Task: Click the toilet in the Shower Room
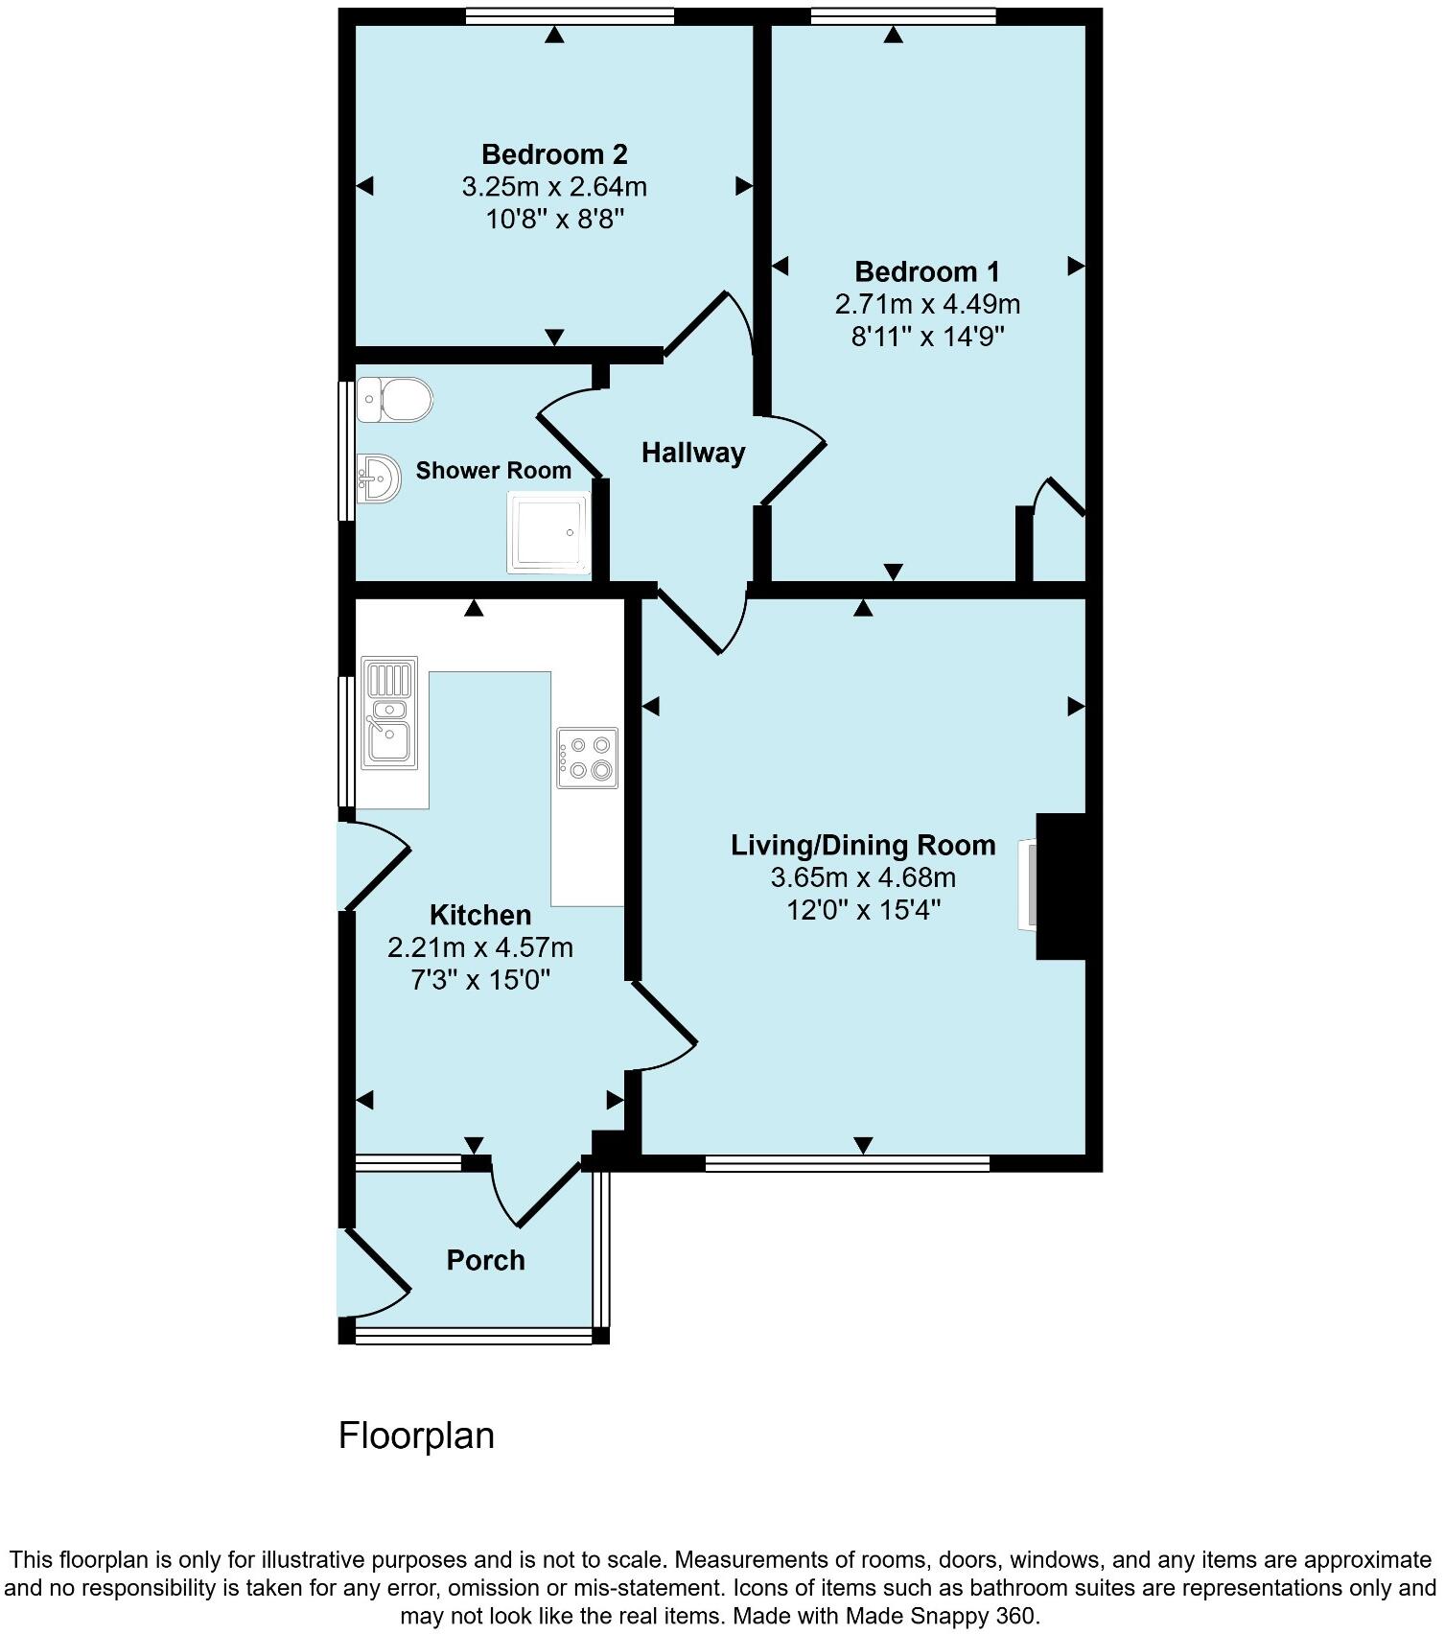pos(395,399)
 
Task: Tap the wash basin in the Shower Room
pos(380,477)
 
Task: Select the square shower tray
pos(548,532)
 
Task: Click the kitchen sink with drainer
pos(389,712)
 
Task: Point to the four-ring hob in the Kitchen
pos(587,758)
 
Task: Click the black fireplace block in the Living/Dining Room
pos(1060,886)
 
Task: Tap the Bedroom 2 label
pos(554,154)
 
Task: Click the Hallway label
pos(693,453)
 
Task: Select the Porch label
pos(486,1260)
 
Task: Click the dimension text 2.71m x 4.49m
pos(927,305)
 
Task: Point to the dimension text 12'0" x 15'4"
pos(863,910)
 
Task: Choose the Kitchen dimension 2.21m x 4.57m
pos(480,948)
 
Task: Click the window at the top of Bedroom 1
pos(902,15)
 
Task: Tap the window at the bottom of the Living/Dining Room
pos(848,1163)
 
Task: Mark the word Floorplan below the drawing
pos(416,1436)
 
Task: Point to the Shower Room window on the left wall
pos(346,452)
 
